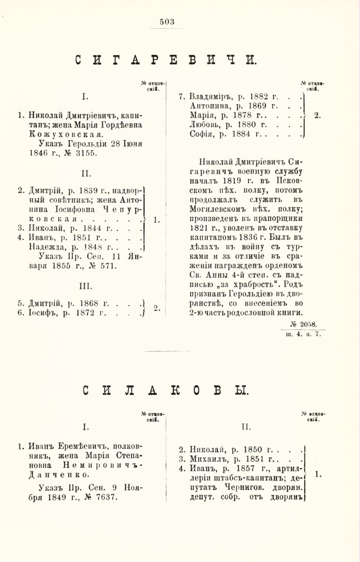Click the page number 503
pyautogui.click(x=167, y=21)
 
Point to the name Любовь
pyautogui.click(x=206, y=125)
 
